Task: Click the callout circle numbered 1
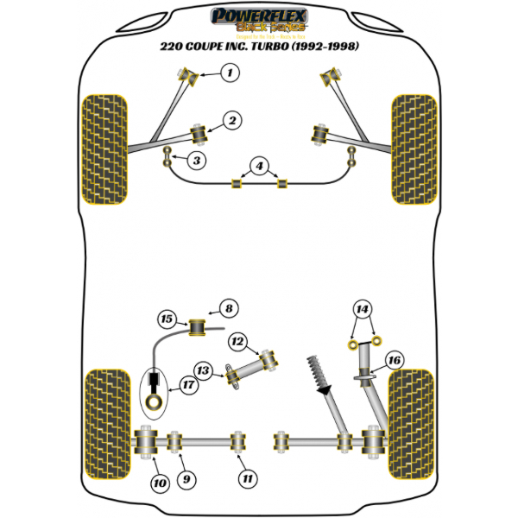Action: tap(229, 74)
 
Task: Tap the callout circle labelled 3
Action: tap(198, 160)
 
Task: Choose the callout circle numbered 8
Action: tap(228, 307)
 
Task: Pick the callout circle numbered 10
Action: tap(159, 483)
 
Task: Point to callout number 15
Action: tap(166, 319)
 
